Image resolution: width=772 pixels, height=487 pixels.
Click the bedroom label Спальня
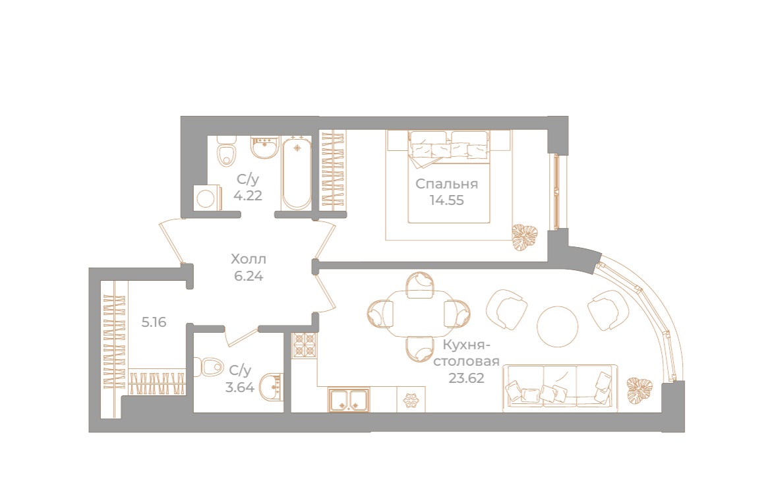tap(446, 184)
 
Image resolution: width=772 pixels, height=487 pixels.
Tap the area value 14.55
tap(446, 201)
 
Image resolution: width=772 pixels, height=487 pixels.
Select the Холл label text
tap(249, 259)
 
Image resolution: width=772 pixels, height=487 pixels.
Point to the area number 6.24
tap(249, 276)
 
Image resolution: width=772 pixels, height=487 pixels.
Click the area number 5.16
tap(154, 322)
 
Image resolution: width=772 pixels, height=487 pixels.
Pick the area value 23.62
tap(466, 378)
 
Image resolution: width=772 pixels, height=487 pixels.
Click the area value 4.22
tap(248, 195)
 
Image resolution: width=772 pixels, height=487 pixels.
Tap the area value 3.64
tap(240, 387)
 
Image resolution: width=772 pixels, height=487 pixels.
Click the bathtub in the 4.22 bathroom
tap(297, 173)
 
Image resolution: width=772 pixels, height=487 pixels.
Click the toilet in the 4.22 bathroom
tap(226, 150)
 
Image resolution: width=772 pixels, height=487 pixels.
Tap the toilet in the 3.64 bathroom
tap(208, 367)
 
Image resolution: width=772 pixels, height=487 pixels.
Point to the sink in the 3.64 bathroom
tap(271, 387)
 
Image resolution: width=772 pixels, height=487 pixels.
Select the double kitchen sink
tap(349, 399)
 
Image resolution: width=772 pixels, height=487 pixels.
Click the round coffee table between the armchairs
tap(557, 327)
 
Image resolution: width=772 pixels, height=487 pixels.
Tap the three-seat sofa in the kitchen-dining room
tap(561, 386)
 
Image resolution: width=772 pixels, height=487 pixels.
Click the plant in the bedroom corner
tap(524, 237)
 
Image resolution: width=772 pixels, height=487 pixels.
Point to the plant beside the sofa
tap(639, 391)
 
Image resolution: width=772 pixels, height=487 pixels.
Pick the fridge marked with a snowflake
tap(411, 399)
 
